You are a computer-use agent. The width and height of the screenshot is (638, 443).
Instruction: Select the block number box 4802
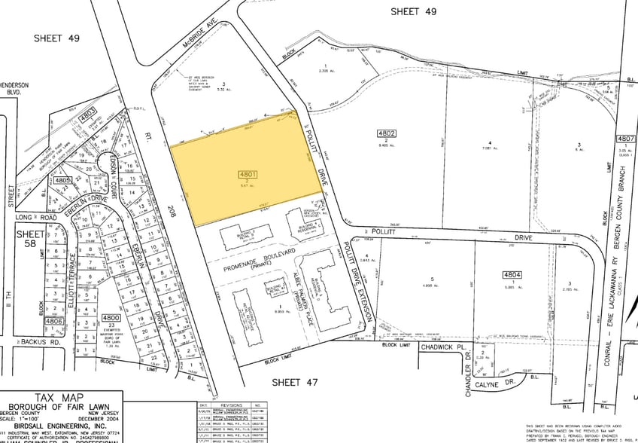pyautogui.click(x=386, y=133)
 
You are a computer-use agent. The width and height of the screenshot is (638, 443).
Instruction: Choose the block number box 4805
pyautogui.click(x=62, y=181)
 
